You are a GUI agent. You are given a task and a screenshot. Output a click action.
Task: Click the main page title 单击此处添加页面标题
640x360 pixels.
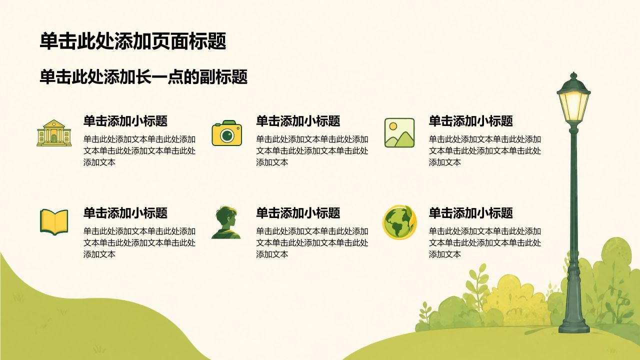click(x=133, y=41)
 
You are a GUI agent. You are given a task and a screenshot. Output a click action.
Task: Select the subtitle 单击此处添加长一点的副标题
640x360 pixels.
click(x=143, y=77)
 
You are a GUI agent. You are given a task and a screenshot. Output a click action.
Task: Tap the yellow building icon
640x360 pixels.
click(x=54, y=133)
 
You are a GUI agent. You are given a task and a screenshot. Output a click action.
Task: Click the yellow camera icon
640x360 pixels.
click(x=227, y=133)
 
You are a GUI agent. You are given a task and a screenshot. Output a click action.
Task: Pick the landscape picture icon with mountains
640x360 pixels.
click(x=399, y=133)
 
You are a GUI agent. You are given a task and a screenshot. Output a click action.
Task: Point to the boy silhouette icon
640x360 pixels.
click(x=226, y=222)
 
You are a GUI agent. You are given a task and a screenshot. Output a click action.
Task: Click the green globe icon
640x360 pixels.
click(x=399, y=222)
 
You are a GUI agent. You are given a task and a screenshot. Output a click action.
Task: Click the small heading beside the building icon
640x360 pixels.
click(x=125, y=121)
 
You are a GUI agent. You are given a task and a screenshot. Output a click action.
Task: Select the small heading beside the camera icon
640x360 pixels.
click(x=298, y=121)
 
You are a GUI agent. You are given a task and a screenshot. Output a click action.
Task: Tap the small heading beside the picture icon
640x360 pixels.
click(x=471, y=121)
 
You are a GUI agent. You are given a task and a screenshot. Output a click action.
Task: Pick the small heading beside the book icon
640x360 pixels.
click(x=125, y=213)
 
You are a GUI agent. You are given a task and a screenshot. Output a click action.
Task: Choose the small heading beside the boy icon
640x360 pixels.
click(x=298, y=213)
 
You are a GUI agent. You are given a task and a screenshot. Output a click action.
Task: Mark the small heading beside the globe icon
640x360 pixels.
click(x=471, y=213)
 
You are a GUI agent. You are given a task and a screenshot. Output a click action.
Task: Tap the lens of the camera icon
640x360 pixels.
click(x=227, y=135)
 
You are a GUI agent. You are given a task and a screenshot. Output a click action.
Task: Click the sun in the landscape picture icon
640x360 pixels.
click(x=393, y=126)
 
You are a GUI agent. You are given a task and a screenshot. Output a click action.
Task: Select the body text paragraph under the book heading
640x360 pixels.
click(x=139, y=242)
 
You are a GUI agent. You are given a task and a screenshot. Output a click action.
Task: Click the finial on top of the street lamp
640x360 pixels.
click(x=573, y=76)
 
